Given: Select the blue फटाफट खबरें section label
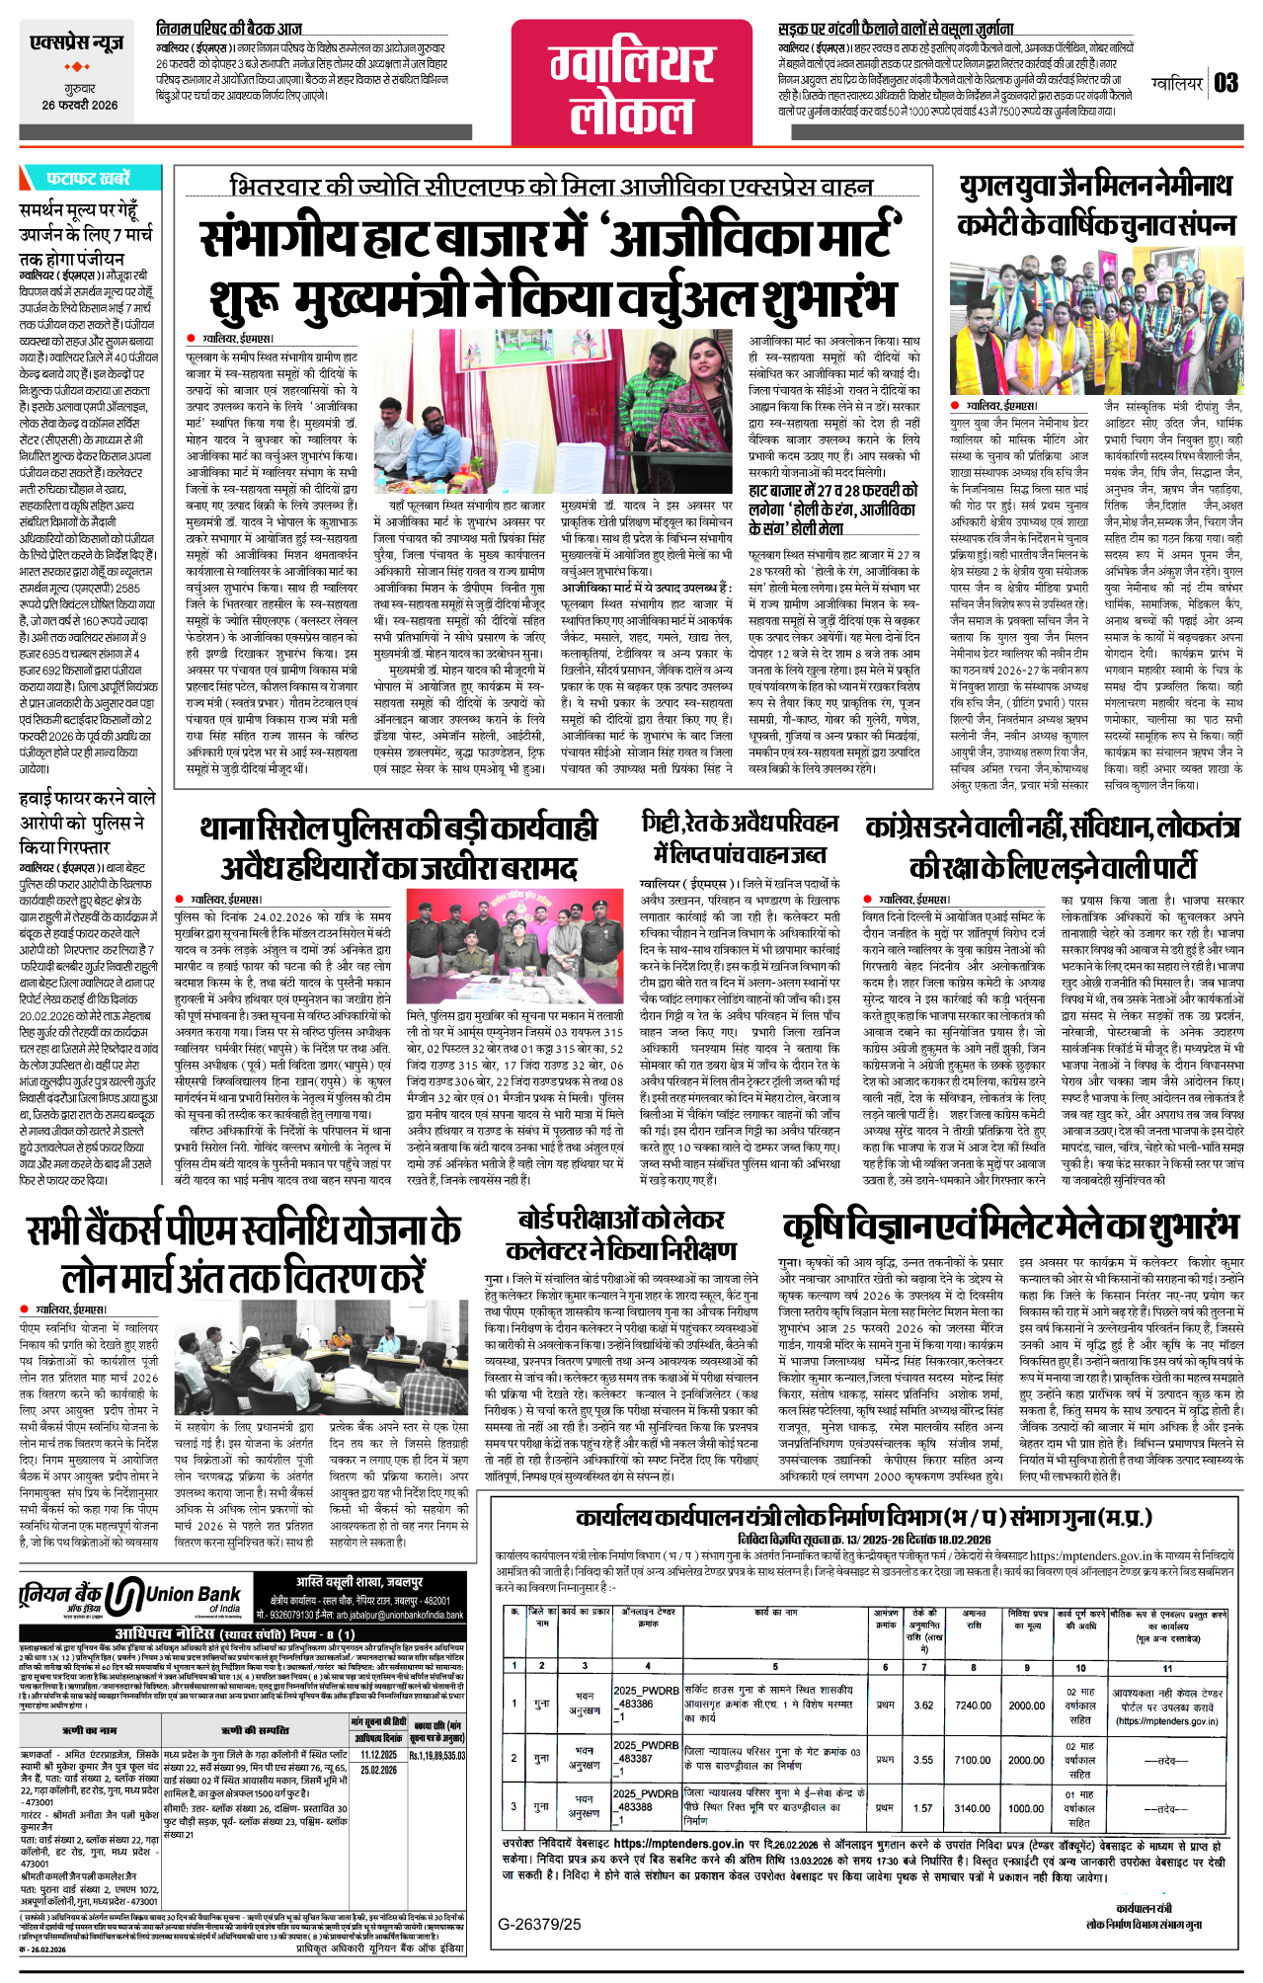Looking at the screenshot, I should click(87, 179).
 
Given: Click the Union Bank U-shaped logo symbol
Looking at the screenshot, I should click(124, 1595).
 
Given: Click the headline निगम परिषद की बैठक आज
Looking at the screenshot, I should click(229, 29).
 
